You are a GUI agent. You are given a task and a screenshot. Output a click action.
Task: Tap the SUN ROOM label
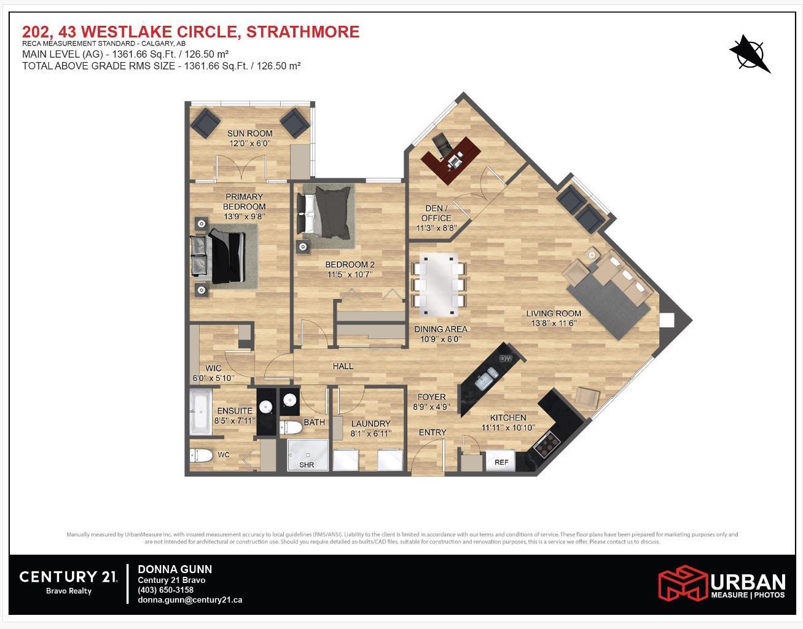click(249, 133)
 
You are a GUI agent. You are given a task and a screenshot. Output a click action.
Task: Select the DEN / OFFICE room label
click(436, 213)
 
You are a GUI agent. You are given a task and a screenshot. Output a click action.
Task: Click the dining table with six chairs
click(439, 280)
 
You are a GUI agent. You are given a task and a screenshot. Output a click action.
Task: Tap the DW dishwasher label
click(505, 359)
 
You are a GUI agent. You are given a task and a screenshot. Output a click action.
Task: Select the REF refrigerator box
click(501, 462)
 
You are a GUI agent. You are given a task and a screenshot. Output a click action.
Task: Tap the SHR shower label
click(307, 465)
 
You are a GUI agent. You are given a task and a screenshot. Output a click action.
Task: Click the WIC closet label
click(213, 369)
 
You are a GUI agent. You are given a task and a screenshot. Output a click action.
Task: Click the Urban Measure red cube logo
click(682, 584)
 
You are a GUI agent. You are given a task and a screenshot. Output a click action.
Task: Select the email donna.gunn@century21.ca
click(190, 600)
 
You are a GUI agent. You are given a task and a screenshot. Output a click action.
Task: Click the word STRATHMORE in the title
click(303, 31)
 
